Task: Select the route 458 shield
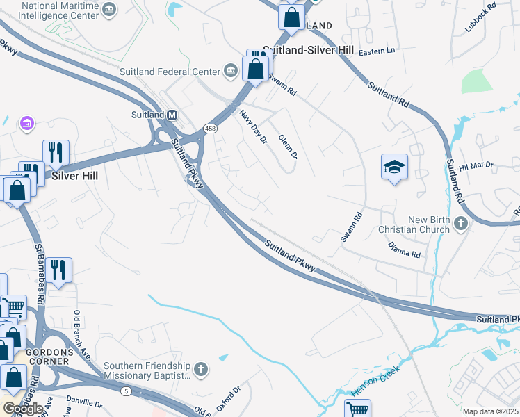(x=210, y=128)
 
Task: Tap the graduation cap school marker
(x=394, y=167)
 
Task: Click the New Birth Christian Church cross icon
(x=460, y=224)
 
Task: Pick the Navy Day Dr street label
(x=253, y=126)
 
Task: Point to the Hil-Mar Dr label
(x=476, y=167)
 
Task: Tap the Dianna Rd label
(x=404, y=251)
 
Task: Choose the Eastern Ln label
(x=376, y=51)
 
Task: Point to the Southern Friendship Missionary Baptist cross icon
(x=201, y=368)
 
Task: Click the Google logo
(x=22, y=409)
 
